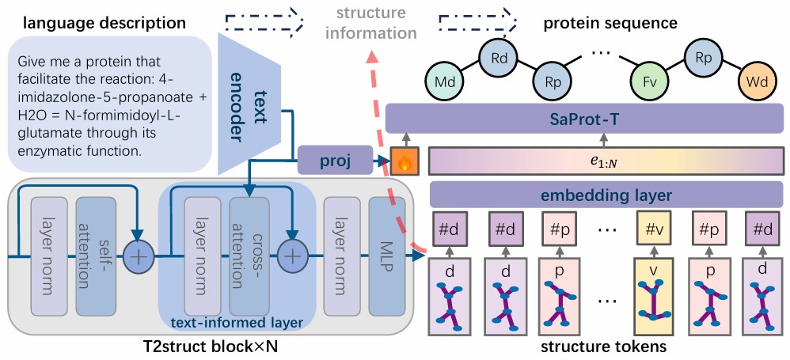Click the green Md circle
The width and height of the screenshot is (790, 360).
[x=442, y=81]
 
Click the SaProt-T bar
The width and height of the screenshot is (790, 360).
[x=584, y=119]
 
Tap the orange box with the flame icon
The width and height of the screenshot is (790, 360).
[x=404, y=161]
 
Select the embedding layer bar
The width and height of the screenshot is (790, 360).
[x=607, y=195]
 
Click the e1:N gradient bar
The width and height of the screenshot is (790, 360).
[x=606, y=161]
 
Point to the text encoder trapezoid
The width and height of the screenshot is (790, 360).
[x=249, y=104]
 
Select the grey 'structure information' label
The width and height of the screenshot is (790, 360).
[x=370, y=23]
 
